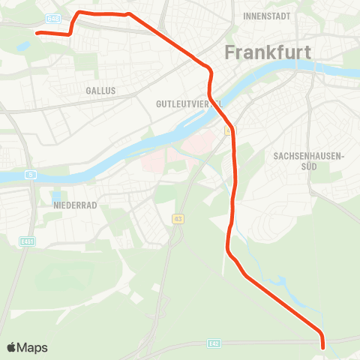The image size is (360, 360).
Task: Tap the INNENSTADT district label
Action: (267, 15)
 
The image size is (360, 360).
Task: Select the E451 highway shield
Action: (26, 241)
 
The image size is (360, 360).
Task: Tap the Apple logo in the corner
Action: (12, 347)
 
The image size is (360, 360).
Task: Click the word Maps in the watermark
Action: (32, 347)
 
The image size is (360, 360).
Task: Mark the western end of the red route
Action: (37, 33)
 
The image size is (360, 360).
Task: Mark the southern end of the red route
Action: (323, 347)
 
